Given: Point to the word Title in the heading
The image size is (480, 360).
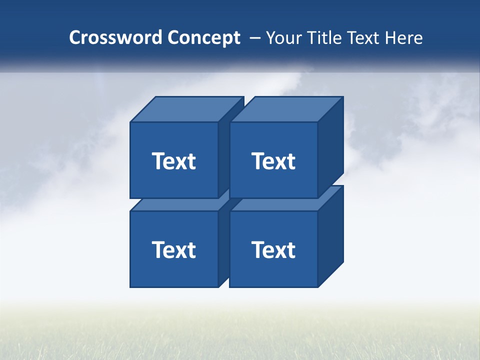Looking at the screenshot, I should pyautogui.click(x=324, y=38).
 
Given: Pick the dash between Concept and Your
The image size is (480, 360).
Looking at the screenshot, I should pyautogui.click(x=254, y=38).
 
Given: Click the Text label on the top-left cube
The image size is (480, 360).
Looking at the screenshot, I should pyautogui.click(x=173, y=161).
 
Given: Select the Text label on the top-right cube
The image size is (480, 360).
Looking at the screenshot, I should pyautogui.click(x=273, y=161).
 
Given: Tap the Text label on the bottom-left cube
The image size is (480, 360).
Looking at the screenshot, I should pyautogui.click(x=173, y=249).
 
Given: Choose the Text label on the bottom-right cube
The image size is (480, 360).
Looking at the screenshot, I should pyautogui.click(x=273, y=249).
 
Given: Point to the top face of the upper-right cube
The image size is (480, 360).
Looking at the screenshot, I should pyautogui.click(x=285, y=109).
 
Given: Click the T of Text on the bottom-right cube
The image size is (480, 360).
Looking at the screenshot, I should pyautogui.click(x=258, y=249).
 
